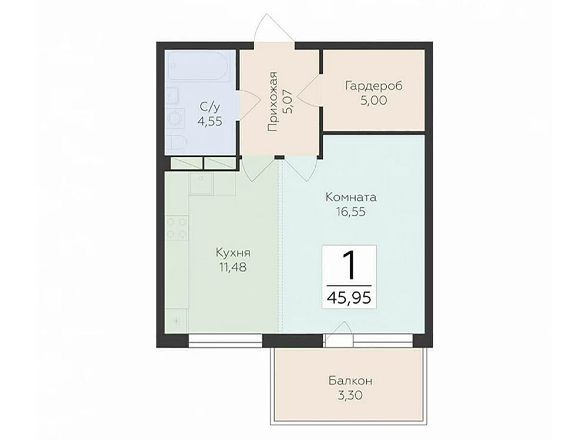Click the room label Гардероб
pyautogui.click(x=373, y=86)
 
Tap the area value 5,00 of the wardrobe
pyautogui.click(x=373, y=101)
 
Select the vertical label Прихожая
pyautogui.click(x=273, y=101)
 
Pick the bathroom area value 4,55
pyautogui.click(x=210, y=122)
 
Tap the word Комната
pyautogui.click(x=350, y=197)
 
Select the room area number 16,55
pyautogui.click(x=350, y=212)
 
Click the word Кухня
pyautogui.click(x=233, y=253)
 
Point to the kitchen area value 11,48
pyautogui.click(x=233, y=267)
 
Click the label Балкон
pyautogui.click(x=350, y=381)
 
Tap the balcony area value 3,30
pyautogui.click(x=350, y=396)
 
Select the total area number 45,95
pyautogui.click(x=349, y=298)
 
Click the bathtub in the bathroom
pyautogui.click(x=198, y=66)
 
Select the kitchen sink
pyautogui.click(x=201, y=184)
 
